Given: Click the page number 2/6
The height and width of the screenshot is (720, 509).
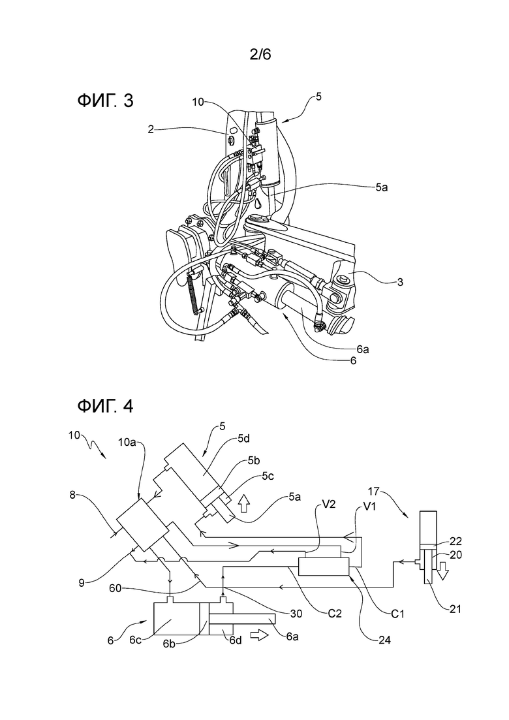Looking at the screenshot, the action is coord(260,55).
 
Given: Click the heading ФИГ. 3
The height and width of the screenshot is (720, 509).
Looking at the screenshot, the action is coord(105,100).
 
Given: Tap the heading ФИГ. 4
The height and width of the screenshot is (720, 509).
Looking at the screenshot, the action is coord(105,406).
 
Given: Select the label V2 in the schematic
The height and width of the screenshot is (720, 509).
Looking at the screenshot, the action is coord(329,504).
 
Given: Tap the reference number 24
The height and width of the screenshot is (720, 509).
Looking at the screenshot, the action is coord(384,638).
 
